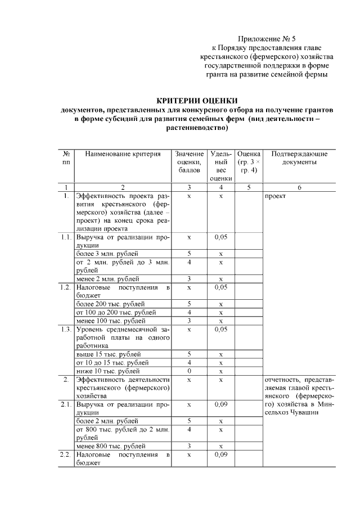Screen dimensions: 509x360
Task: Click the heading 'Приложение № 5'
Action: (267, 39)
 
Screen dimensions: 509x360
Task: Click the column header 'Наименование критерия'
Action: (123, 154)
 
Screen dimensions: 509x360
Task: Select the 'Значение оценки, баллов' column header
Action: (189, 161)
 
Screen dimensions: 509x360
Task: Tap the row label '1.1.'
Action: (66, 237)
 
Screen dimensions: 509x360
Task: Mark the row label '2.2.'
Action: (66, 454)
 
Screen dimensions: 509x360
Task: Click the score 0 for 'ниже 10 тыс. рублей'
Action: (189, 371)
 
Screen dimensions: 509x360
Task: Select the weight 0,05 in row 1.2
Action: (221, 287)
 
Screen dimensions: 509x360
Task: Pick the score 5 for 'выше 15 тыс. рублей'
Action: (189, 354)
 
